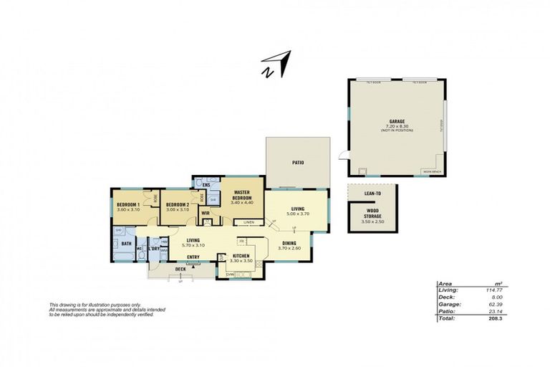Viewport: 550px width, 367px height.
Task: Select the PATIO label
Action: tap(298, 163)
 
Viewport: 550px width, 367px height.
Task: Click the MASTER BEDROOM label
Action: tap(241, 194)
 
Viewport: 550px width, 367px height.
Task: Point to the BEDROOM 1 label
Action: tap(128, 205)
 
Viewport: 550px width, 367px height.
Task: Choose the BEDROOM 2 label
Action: tap(177, 205)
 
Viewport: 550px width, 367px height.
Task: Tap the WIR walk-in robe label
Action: tap(205, 213)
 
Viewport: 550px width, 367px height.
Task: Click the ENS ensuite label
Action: tap(206, 186)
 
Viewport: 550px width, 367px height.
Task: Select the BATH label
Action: tap(127, 244)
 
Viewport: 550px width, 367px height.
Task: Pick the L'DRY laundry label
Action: tap(154, 249)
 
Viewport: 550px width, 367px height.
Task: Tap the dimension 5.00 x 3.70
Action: tap(297, 214)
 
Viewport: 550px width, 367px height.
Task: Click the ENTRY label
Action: tap(193, 257)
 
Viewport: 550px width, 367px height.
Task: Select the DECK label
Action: tap(180, 270)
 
